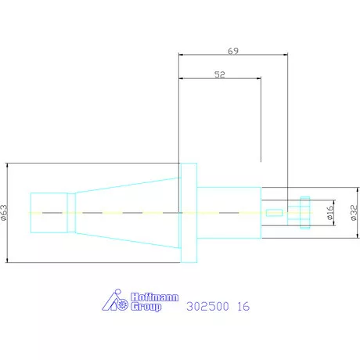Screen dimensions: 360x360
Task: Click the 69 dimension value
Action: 233,51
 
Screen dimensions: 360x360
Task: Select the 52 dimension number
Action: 219,74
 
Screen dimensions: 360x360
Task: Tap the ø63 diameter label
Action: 4,213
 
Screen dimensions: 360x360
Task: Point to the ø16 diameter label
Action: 330,212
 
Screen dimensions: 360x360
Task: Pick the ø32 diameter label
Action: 354,213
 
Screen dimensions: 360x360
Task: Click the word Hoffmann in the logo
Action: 154,297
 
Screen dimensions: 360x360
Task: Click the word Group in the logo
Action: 146,307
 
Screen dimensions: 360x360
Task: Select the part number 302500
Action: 207,306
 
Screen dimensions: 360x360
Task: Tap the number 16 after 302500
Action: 243,306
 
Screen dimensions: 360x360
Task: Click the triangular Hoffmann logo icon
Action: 115,300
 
